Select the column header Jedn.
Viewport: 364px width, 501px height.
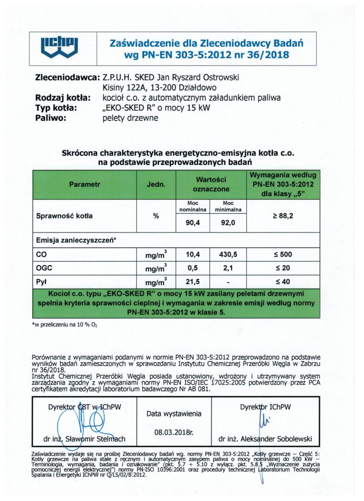156,185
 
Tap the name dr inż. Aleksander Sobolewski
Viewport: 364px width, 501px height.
266,439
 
